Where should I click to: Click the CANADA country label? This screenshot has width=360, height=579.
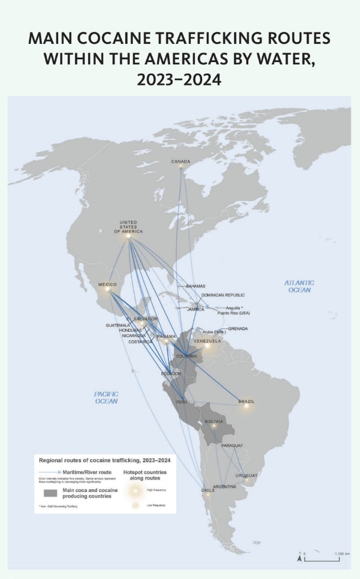181,162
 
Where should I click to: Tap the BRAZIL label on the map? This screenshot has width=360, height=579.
246,401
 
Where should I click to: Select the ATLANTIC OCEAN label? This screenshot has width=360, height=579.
299,286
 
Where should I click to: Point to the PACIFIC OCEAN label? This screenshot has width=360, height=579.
107,397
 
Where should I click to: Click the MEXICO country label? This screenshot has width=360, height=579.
107,284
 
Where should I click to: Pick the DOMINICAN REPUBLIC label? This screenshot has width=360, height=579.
223,295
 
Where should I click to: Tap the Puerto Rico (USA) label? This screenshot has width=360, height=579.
234,313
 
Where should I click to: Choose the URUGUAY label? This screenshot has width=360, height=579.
246,475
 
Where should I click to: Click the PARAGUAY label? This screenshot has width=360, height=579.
232,445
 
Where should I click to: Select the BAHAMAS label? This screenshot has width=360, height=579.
195,286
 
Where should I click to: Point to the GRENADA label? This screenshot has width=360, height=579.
238,329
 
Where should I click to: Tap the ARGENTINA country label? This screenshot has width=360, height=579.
224,487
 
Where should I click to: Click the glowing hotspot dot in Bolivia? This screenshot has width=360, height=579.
214,426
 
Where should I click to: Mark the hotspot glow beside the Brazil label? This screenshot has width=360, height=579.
246,406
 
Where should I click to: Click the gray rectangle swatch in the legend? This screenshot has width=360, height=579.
51,493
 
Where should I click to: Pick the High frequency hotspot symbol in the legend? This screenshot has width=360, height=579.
136,490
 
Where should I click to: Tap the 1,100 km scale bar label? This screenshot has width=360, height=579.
342,553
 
